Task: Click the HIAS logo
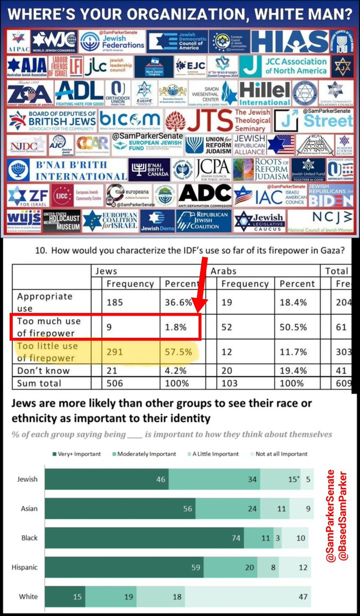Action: tap(290, 41)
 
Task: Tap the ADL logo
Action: tap(79, 92)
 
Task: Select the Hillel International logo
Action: tap(264, 92)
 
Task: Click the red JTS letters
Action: tap(210, 120)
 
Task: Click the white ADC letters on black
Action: tap(205, 194)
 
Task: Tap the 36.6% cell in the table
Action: tap(178, 303)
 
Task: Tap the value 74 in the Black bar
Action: tap(234, 538)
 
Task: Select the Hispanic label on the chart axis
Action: tap(25, 567)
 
